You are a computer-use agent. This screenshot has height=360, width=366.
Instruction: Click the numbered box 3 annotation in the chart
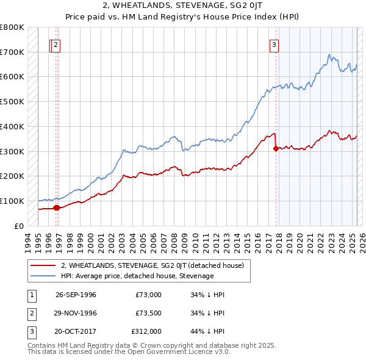[274, 44]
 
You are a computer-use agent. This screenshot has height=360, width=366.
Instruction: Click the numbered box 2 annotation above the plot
[56, 44]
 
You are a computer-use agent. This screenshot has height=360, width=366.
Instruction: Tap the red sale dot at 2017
[276, 148]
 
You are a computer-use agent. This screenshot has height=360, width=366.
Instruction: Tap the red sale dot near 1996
[57, 207]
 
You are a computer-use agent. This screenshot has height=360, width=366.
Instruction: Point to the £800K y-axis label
[12, 27]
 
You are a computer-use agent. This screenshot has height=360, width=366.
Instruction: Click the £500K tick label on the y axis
[12, 102]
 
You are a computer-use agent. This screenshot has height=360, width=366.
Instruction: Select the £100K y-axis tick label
[12, 201]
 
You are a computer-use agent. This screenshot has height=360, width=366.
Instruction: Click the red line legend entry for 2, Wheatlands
[152, 265]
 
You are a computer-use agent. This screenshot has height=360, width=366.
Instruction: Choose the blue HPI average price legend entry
[137, 276]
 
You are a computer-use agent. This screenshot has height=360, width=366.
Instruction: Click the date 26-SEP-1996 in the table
[76, 295]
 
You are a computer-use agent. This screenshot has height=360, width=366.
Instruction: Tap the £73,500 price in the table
[148, 313]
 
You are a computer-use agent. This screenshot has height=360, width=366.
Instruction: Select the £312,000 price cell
[146, 331]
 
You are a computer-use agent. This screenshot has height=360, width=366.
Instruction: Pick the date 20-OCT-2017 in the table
[76, 331]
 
